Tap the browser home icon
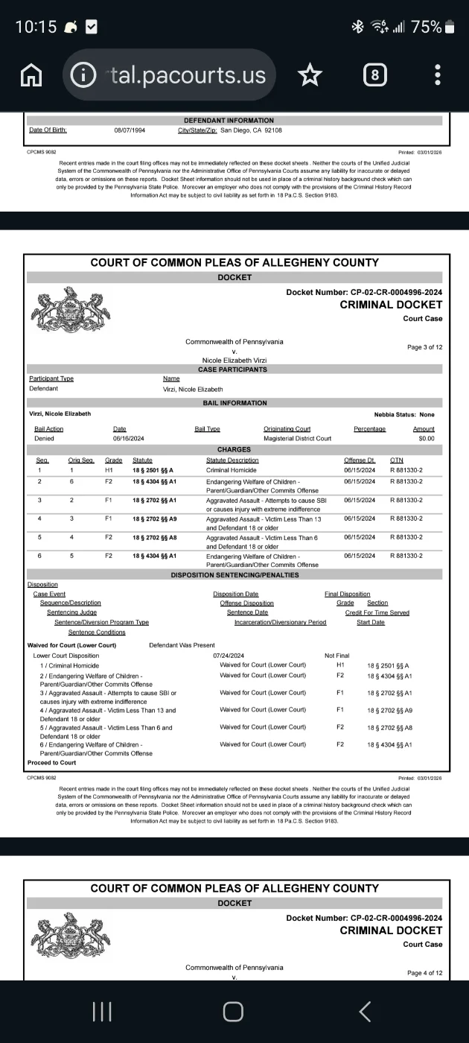pos(31,74)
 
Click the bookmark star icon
pos(310,74)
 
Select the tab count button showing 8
pos(375,74)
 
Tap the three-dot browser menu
pos(438,74)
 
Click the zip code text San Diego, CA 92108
pos(251,130)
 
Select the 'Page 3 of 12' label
pos(424,347)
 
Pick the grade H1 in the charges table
pos(109,470)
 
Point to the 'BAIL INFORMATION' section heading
pos(234,403)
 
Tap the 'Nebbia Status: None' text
pos(404,414)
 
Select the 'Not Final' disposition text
pos(337,656)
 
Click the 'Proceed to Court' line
pos(51,763)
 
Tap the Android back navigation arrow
pos(365,1011)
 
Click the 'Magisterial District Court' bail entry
pos(297,439)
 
